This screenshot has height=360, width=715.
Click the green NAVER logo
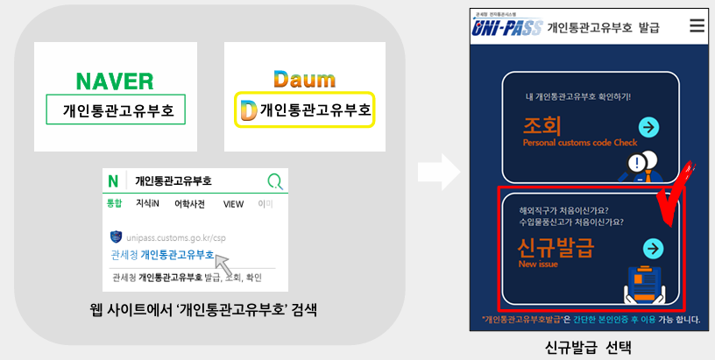(115, 81)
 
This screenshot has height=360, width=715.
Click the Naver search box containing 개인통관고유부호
(116, 111)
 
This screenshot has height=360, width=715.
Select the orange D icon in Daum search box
(248, 110)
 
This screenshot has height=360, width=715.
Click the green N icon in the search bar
(113, 181)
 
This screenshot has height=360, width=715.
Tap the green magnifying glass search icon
(275, 181)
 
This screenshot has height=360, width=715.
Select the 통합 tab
(114, 204)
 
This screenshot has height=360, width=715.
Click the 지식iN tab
(147, 204)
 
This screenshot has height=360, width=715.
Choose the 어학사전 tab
(189, 204)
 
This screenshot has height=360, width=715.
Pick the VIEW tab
(233, 204)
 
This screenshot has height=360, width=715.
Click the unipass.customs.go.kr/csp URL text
(169, 236)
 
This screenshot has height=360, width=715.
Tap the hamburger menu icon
(697, 26)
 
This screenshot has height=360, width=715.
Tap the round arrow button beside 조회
(648, 128)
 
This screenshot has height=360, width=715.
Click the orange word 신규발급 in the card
(556, 247)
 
